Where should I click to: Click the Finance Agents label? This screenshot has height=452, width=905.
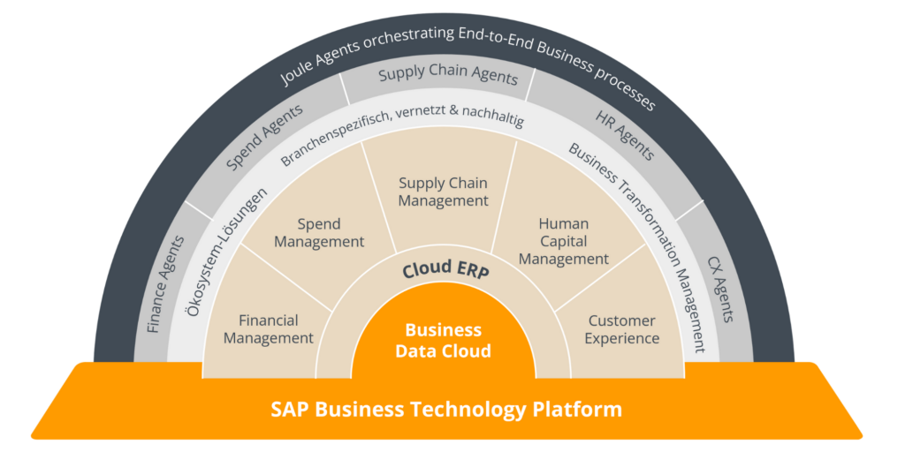click(165, 283)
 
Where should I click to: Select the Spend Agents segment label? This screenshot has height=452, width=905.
click(264, 137)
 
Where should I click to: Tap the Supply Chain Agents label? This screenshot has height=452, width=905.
click(448, 75)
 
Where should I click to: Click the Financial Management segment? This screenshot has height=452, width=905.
click(268, 328)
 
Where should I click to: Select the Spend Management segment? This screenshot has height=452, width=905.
click(319, 232)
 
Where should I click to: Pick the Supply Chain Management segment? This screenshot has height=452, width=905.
click(443, 192)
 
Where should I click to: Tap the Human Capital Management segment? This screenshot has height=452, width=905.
click(564, 241)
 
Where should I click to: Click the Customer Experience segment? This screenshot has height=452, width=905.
click(622, 328)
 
